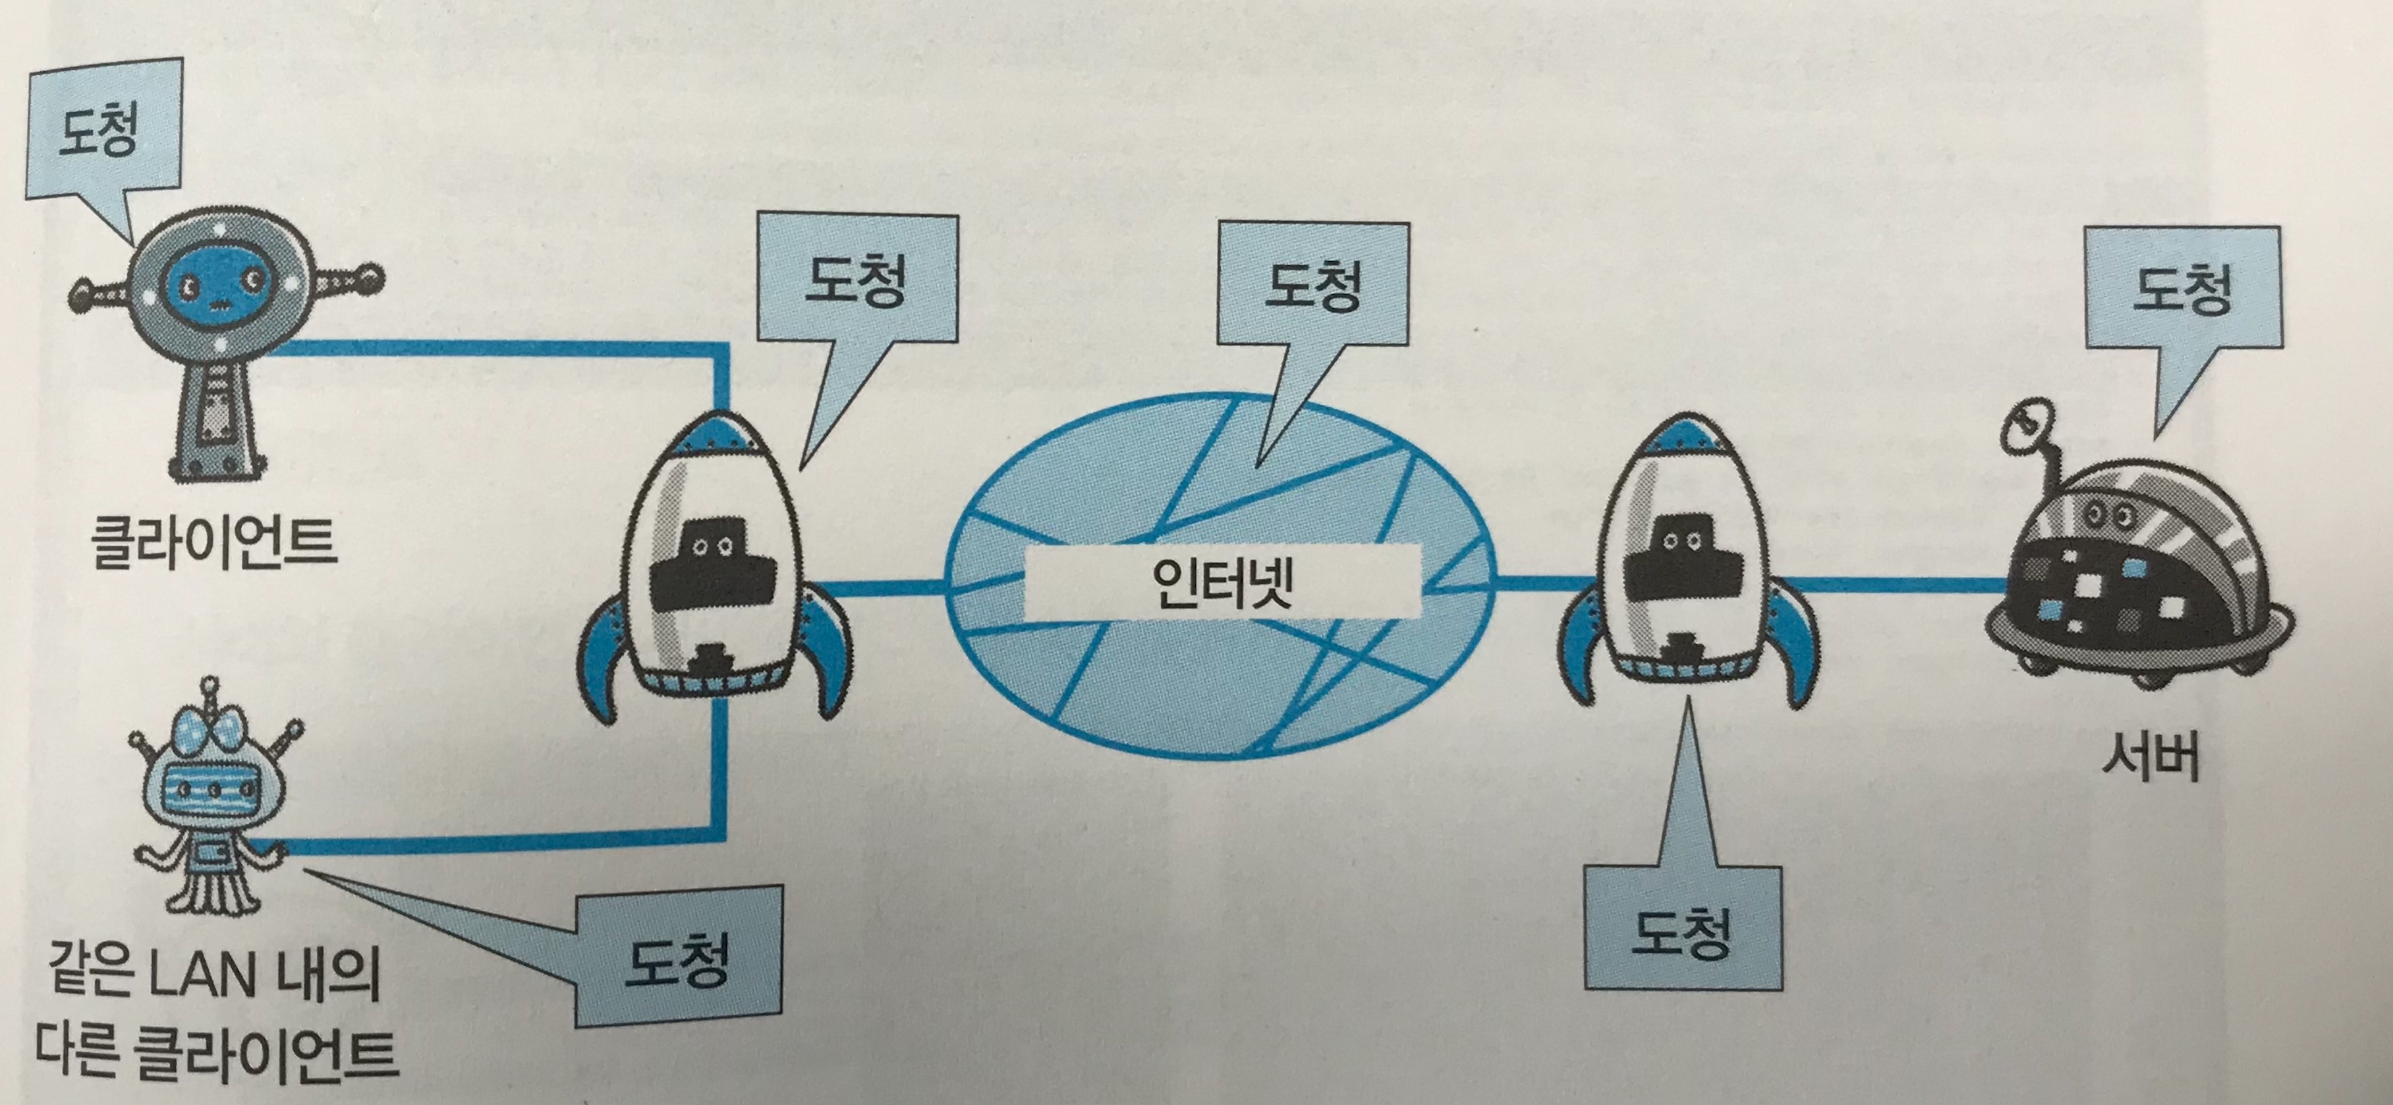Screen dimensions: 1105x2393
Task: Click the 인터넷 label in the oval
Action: pos(1222,583)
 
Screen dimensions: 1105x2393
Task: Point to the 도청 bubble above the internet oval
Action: pos(1312,284)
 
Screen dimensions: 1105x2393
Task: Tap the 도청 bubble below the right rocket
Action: pos(1681,930)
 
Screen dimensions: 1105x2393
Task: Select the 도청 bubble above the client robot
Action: pos(98,129)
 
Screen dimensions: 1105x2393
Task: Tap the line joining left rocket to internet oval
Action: pos(882,586)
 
